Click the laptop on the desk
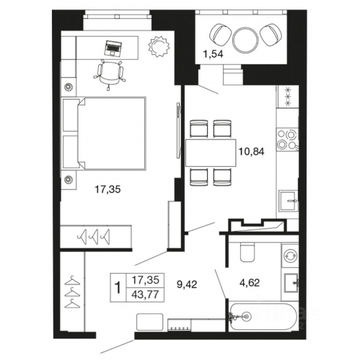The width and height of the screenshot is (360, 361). [113, 48]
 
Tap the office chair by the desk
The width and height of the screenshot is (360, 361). [109, 74]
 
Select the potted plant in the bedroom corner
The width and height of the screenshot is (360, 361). [159, 46]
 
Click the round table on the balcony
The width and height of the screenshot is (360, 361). [245, 40]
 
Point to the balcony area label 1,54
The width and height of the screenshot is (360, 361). [214, 54]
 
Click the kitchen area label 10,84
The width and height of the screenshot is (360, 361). [251, 152]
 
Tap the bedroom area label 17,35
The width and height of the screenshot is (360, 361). [107, 189]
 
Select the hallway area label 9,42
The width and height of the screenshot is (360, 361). [187, 284]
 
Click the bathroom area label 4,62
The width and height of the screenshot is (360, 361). [250, 282]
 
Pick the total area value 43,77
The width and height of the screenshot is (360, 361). [145, 295]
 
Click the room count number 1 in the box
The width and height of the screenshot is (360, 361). [118, 287]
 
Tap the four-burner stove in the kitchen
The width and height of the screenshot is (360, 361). [287, 140]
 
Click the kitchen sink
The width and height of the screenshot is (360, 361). [288, 201]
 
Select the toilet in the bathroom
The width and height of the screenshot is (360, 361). [247, 252]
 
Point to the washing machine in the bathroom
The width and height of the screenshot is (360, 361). [290, 255]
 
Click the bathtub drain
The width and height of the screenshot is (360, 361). [246, 316]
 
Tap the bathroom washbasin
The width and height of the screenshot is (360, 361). [291, 283]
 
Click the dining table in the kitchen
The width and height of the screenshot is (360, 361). [211, 152]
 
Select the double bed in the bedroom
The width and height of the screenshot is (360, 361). [104, 134]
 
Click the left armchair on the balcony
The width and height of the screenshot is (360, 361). [220, 35]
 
